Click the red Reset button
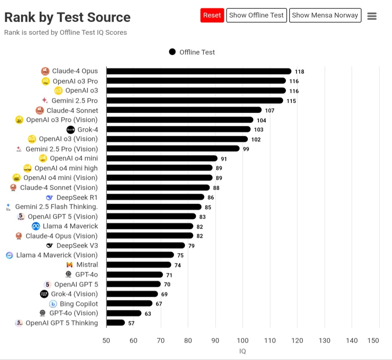[x=212, y=15]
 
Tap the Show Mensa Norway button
[x=325, y=15]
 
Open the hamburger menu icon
[x=372, y=16]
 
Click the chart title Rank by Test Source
[x=67, y=17]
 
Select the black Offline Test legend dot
[x=172, y=52]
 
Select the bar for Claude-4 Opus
[x=199, y=71]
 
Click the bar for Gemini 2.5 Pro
[x=195, y=100]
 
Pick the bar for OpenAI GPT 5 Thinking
[x=116, y=323]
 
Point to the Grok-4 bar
[x=178, y=129]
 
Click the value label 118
[x=300, y=72]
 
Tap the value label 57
[x=131, y=323]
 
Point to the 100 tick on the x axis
[x=243, y=341]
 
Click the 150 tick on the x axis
[x=373, y=341]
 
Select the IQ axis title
[x=243, y=351]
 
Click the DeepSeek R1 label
[x=77, y=197]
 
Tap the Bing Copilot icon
[x=53, y=304]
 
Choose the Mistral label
[x=87, y=265]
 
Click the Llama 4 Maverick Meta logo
[x=36, y=226]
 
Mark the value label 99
[x=246, y=149]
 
